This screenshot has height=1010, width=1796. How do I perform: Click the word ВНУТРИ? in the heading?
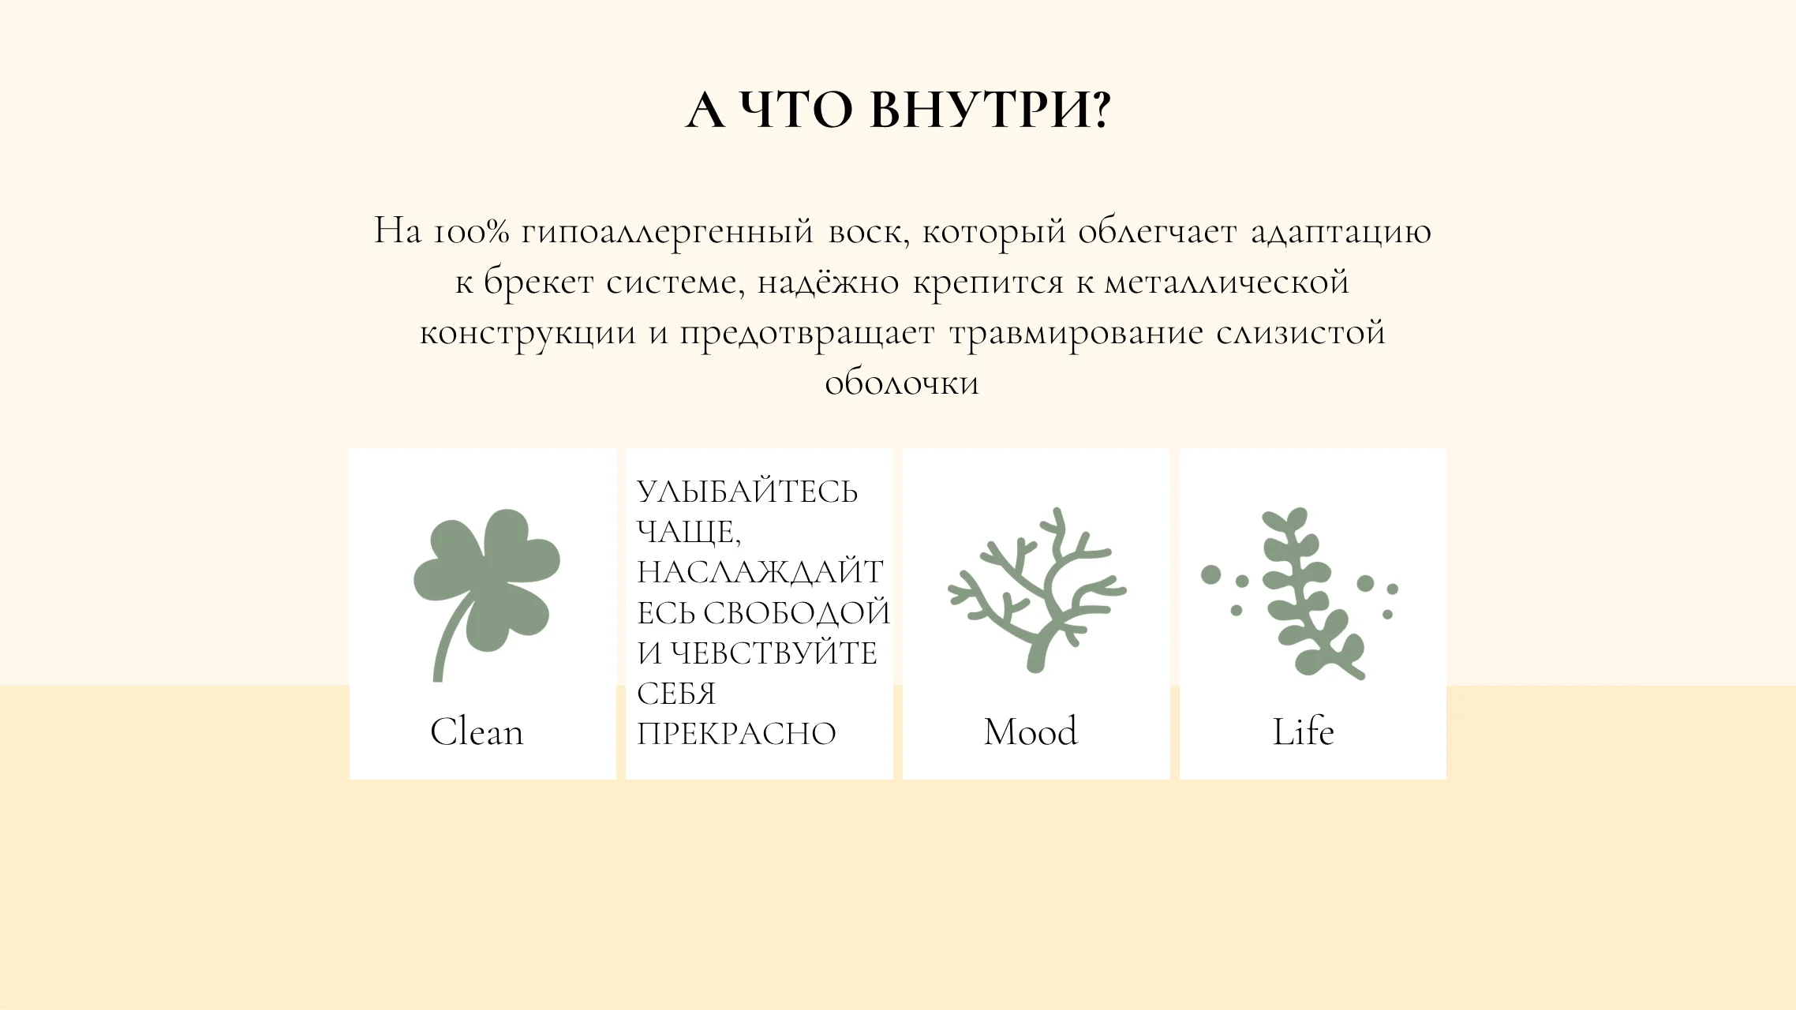[x=990, y=109]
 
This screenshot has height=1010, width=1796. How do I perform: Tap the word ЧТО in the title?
[x=797, y=109]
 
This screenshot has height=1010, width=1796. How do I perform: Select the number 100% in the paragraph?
[x=471, y=231]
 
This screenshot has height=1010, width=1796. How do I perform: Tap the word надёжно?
[x=828, y=282]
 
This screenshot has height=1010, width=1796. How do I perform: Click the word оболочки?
[x=902, y=383]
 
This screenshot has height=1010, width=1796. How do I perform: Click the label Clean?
[x=477, y=731]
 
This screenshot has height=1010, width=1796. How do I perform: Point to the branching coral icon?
[x=1037, y=590]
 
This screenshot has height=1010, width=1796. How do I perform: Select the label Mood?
[x=1031, y=731]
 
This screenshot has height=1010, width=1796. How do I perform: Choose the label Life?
[x=1304, y=731]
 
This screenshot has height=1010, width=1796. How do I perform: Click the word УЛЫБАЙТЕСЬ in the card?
[x=747, y=492]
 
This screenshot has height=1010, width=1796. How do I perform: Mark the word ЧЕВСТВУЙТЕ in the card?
[x=774, y=653]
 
